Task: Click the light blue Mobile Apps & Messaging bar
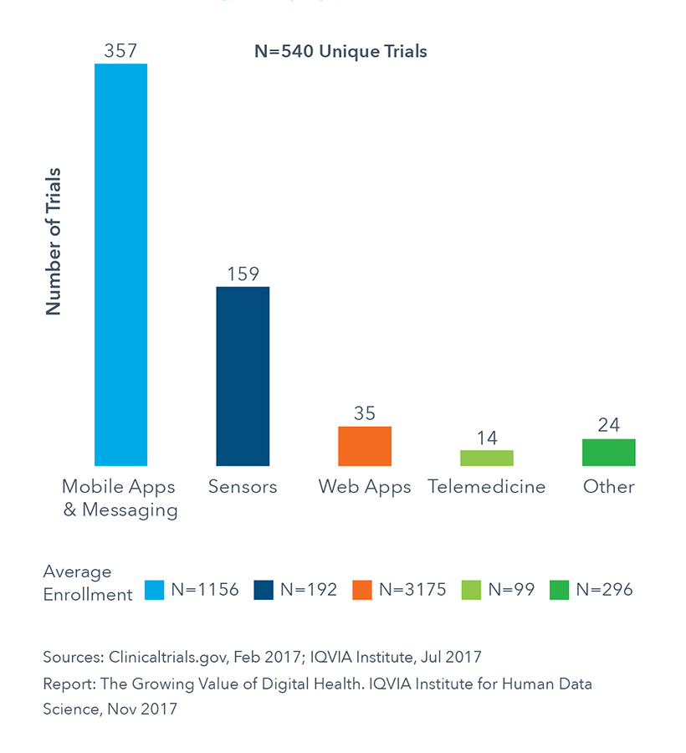[121, 264]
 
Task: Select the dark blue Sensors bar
[243, 376]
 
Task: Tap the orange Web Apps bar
[365, 446]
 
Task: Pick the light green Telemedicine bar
[487, 458]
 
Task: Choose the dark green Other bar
[609, 452]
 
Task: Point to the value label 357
[120, 51]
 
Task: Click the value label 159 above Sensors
[243, 274]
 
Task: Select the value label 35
[365, 413]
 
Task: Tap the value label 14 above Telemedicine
[487, 437]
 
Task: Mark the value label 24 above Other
[609, 425]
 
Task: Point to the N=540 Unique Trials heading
[340, 52]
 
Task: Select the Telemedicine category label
[487, 487]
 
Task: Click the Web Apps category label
[365, 487]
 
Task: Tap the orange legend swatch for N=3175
[362, 590]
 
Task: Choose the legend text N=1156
[205, 590]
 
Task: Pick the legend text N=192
[309, 590]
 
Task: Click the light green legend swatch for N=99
[469, 590]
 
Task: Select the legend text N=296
[604, 590]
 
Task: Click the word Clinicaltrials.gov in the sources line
[156, 657]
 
